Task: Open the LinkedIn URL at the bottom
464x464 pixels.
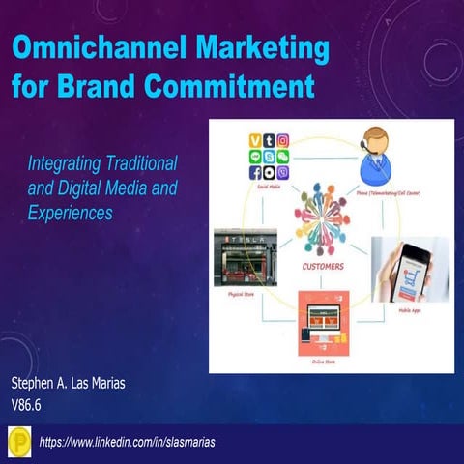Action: (126, 442)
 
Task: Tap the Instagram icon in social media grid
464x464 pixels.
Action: (282, 141)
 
